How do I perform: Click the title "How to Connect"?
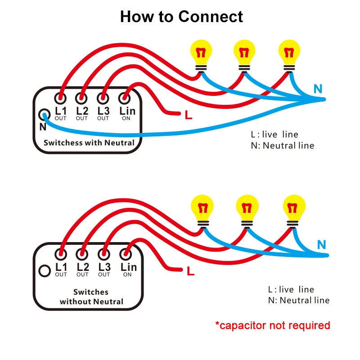181,17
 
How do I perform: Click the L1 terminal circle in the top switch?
60,98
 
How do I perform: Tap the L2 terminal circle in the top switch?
81,98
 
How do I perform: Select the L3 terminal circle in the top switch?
103,98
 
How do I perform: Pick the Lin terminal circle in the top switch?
124,98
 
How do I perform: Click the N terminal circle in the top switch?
44,115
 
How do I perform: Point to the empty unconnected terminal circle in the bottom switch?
45,271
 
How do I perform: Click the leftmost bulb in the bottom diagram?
202,211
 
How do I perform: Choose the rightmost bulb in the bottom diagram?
294,211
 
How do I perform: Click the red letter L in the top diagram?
189,115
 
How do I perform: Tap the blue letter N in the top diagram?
318,89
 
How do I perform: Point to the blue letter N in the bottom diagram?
321,245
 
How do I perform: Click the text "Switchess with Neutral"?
89,143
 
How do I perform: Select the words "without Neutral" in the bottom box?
91,301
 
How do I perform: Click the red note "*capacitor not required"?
273,325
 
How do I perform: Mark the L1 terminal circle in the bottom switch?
61,254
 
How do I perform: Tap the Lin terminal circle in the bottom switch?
126,254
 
